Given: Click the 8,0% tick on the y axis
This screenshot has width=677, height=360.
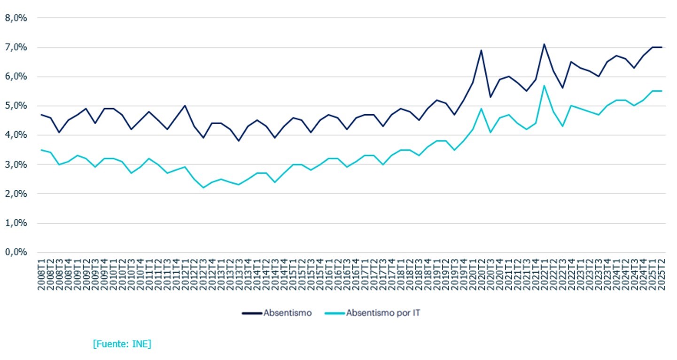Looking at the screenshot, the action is (x=16, y=18).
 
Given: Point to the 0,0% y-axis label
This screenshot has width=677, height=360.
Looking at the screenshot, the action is (x=16, y=252).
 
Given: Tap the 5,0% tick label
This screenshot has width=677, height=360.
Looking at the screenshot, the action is (x=16, y=106).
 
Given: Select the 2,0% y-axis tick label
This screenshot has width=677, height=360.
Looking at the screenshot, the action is (x=16, y=194).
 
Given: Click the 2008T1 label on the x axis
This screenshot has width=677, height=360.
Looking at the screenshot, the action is (x=41, y=274).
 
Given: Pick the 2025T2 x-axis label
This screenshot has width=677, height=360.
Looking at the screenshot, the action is (x=661, y=274).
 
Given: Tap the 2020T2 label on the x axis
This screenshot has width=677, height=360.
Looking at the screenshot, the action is (x=482, y=274).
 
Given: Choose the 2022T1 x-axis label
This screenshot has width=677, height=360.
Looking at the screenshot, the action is (x=545, y=274).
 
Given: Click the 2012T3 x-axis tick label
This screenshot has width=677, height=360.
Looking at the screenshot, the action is (x=203, y=274).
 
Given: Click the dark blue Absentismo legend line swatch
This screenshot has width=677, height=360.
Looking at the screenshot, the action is (x=252, y=313).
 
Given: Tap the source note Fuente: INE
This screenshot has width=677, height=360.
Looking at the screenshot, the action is (x=122, y=344).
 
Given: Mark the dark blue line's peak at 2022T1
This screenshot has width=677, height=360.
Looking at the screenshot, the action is (x=545, y=44).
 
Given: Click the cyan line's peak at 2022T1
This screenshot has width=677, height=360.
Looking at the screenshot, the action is (x=545, y=86).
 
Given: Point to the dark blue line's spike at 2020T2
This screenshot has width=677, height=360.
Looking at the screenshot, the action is (x=481, y=50).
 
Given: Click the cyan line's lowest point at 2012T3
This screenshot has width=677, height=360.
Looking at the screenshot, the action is (x=203, y=188).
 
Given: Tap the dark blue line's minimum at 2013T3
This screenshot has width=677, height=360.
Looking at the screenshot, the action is (x=239, y=141).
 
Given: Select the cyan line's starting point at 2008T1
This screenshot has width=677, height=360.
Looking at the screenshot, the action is (x=41, y=150).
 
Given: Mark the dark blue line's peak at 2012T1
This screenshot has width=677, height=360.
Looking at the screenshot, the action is (x=185, y=105).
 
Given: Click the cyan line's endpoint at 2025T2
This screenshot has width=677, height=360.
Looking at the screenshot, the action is (x=661, y=91).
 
